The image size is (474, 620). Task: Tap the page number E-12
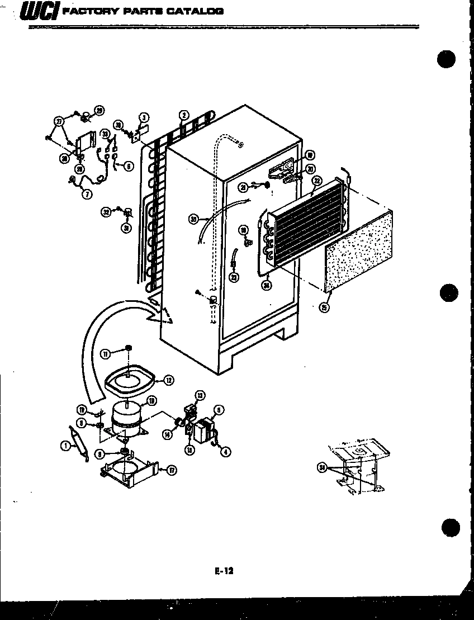(x=223, y=571)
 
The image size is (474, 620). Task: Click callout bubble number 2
(x=183, y=116)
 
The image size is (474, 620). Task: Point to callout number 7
(x=87, y=193)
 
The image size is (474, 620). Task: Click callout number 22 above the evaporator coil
(x=317, y=180)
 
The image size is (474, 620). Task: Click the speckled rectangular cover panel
(x=358, y=252)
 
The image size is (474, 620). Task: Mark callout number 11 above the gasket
(x=105, y=352)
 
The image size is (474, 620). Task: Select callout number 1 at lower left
(x=66, y=446)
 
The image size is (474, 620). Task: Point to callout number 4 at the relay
(x=225, y=452)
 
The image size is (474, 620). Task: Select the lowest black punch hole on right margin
(x=450, y=527)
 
